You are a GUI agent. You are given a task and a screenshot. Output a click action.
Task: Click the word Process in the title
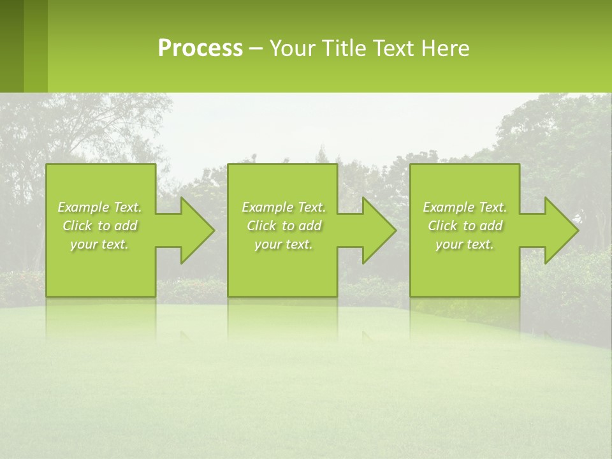click(x=200, y=48)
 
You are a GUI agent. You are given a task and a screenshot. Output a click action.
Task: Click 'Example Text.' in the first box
click(x=100, y=207)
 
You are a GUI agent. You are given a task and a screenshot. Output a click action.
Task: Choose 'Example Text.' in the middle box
click(x=284, y=207)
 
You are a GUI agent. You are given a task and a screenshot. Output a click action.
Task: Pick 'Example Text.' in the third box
click(x=465, y=207)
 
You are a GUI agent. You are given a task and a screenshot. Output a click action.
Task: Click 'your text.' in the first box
click(x=99, y=244)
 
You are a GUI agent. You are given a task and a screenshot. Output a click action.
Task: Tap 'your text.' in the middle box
click(x=283, y=244)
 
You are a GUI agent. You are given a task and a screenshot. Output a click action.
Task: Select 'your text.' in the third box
click(x=464, y=244)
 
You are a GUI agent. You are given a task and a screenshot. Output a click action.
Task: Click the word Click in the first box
click(x=77, y=226)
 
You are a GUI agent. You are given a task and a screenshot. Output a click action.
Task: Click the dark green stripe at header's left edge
click(x=11, y=46)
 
